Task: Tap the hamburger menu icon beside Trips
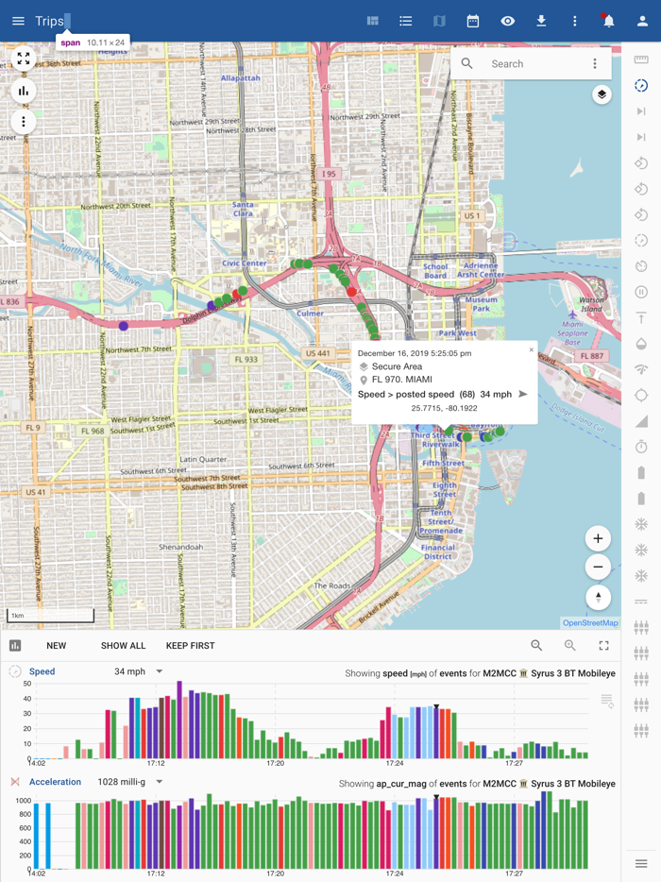pyautogui.click(x=18, y=21)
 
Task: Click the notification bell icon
pyautogui.click(x=608, y=21)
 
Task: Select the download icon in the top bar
pyautogui.click(x=541, y=21)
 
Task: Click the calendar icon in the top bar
pyautogui.click(x=473, y=21)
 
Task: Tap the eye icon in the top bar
pyautogui.click(x=507, y=21)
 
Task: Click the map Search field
pyautogui.click(x=534, y=64)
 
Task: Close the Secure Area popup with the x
pyautogui.click(x=531, y=350)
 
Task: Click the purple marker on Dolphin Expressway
pyautogui.click(x=123, y=326)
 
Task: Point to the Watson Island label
pyautogui.click(x=591, y=303)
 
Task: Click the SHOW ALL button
pyautogui.click(x=123, y=646)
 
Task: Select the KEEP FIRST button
pyautogui.click(x=190, y=646)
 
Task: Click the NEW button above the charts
pyautogui.click(x=57, y=646)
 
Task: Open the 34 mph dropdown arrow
pyautogui.click(x=159, y=671)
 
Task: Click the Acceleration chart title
pyautogui.click(x=55, y=782)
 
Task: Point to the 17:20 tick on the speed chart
pyautogui.click(x=275, y=763)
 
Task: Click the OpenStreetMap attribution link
pyautogui.click(x=590, y=623)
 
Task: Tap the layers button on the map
pyautogui.click(x=602, y=94)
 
